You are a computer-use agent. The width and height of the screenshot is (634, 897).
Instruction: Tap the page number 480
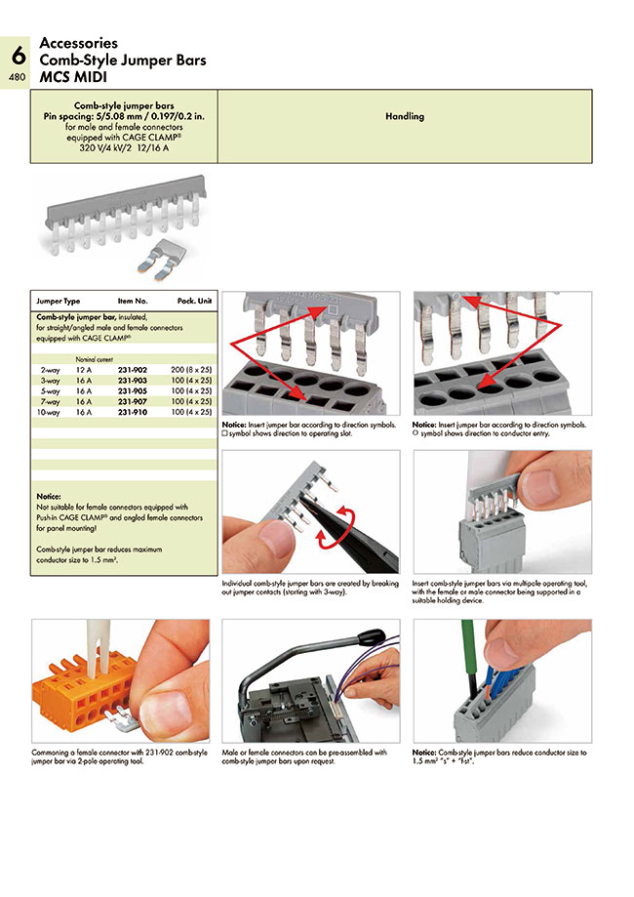(18, 77)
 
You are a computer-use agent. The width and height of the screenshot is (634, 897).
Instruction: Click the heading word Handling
(404, 116)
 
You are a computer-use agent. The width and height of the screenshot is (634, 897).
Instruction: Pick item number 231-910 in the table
(133, 413)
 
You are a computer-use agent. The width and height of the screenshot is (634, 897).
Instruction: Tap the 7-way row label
(50, 402)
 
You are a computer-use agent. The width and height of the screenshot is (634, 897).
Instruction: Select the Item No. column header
(133, 302)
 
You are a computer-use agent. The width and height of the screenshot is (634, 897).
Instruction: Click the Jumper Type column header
(59, 302)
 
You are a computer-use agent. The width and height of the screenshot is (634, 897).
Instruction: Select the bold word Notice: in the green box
(49, 496)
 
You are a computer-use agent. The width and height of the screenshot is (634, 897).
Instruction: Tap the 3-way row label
(50, 382)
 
